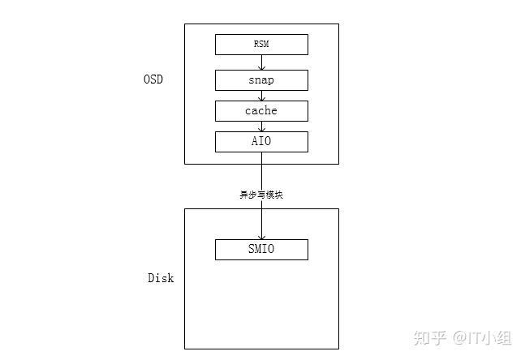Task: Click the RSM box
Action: tap(235, 45)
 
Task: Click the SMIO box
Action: tap(235, 250)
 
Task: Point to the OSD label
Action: tap(153, 79)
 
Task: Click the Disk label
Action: tap(160, 278)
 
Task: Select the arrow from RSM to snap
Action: tap(261, 62)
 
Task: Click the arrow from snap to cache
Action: tap(261, 95)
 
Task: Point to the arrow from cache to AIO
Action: tap(261, 126)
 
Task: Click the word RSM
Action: tap(261, 45)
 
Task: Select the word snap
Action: tap(261, 80)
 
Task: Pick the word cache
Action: tap(261, 110)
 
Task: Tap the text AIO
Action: tap(261, 142)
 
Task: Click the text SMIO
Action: tap(261, 250)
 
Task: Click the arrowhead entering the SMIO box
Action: tap(261, 236)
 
